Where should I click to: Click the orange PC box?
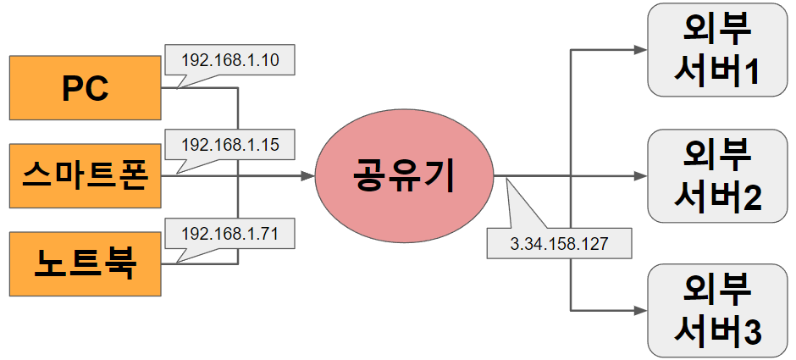[x=85, y=87]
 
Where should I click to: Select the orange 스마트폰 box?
[x=85, y=177]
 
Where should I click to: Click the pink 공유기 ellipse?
[x=404, y=177]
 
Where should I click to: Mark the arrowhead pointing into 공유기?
[x=307, y=177]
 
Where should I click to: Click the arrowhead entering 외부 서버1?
[x=639, y=50]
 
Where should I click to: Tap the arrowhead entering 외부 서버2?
[x=639, y=176]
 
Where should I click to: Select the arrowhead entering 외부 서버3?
[x=639, y=310]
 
